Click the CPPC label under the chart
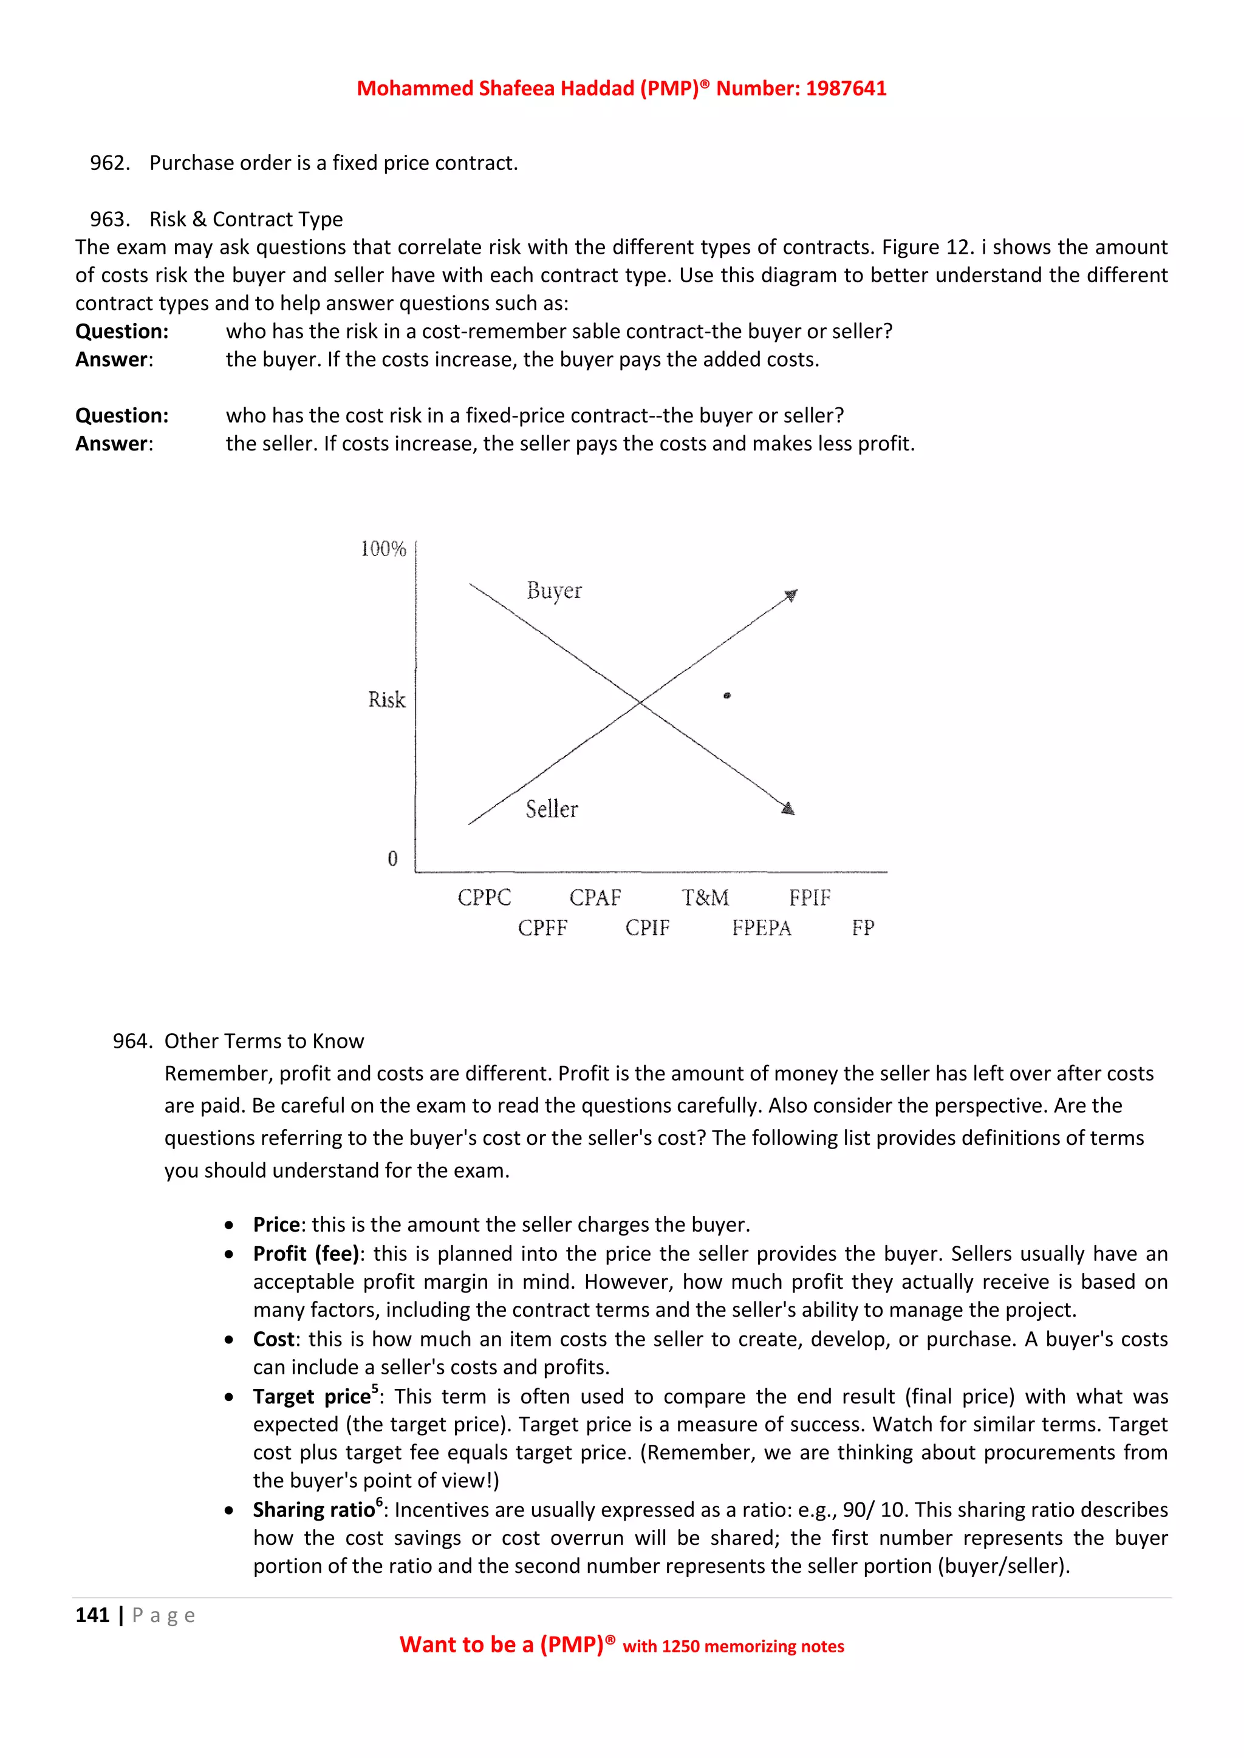coord(484,897)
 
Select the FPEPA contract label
coord(762,928)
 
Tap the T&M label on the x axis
coord(705,897)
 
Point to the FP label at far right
coord(863,928)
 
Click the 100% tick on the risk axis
coord(383,549)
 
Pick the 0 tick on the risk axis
coord(393,859)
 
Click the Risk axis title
coord(387,700)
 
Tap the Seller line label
coord(552,809)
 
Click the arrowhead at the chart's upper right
coord(791,595)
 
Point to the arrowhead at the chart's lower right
coord(788,809)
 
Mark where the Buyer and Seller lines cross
coord(640,701)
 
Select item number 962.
coord(109,163)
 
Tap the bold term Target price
coord(312,1397)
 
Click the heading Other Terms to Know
coord(264,1041)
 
